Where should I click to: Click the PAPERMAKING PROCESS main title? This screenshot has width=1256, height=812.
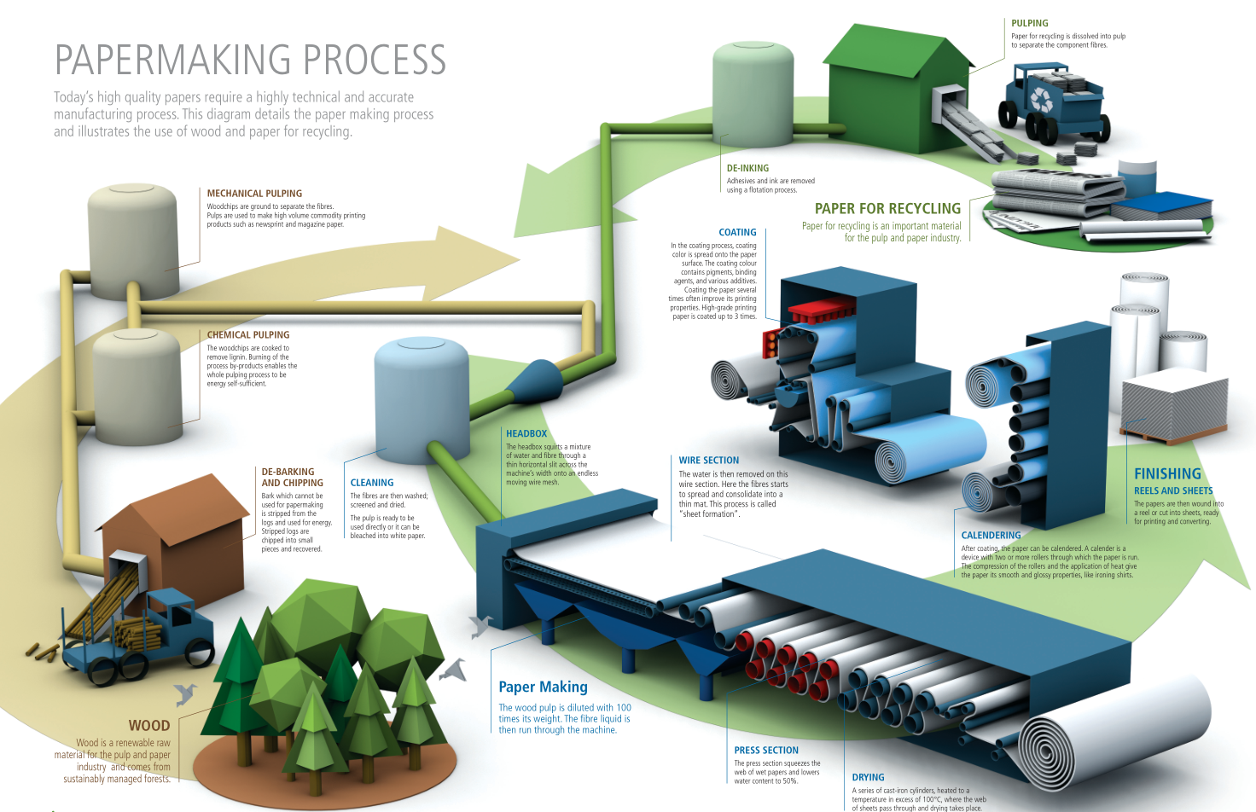point(250,60)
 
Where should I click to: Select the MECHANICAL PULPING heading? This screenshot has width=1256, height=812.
point(254,194)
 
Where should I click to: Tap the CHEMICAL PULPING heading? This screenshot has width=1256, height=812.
point(248,335)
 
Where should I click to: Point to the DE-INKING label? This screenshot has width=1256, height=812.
point(747,168)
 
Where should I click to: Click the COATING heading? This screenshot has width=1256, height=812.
point(737,232)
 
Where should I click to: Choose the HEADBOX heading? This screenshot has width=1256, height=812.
point(526,433)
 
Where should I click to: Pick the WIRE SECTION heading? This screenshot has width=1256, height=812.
point(709,460)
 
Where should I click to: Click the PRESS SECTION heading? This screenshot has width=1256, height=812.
point(766,750)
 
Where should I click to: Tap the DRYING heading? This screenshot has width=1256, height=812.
point(868,777)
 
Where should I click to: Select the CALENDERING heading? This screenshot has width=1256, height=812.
point(991,535)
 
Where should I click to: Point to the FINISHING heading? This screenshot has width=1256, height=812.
point(1167,473)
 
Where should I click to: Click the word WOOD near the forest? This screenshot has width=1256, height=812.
point(149,725)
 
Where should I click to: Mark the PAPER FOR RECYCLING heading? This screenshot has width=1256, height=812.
point(887,208)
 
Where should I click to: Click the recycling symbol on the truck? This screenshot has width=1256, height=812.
point(1042,100)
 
